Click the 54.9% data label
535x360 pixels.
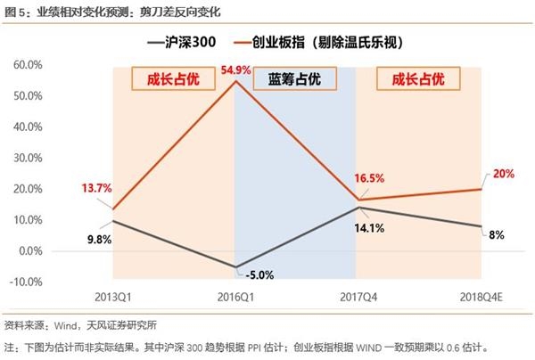(235, 70)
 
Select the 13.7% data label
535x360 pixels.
(96, 188)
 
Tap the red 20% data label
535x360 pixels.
(503, 174)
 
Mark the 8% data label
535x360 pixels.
(497, 234)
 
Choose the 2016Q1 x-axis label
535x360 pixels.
(235, 295)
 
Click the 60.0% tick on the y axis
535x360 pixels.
(29, 65)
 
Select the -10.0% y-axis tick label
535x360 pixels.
(27, 282)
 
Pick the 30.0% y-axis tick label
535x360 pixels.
(29, 158)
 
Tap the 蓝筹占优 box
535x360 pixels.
(294, 79)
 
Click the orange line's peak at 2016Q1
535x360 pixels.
(235, 81)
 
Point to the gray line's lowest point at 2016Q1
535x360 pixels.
(235, 266)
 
